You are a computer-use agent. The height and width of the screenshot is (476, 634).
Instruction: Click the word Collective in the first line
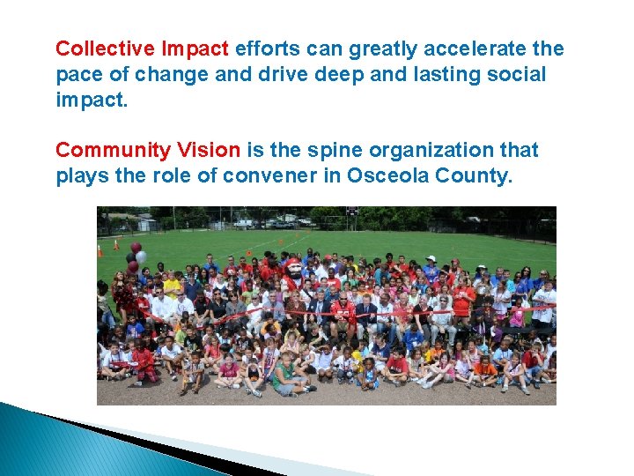pos(96,49)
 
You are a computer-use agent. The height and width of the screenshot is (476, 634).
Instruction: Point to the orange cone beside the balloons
pos(114,249)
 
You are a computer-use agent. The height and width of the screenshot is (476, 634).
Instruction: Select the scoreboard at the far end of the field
pos(351,212)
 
